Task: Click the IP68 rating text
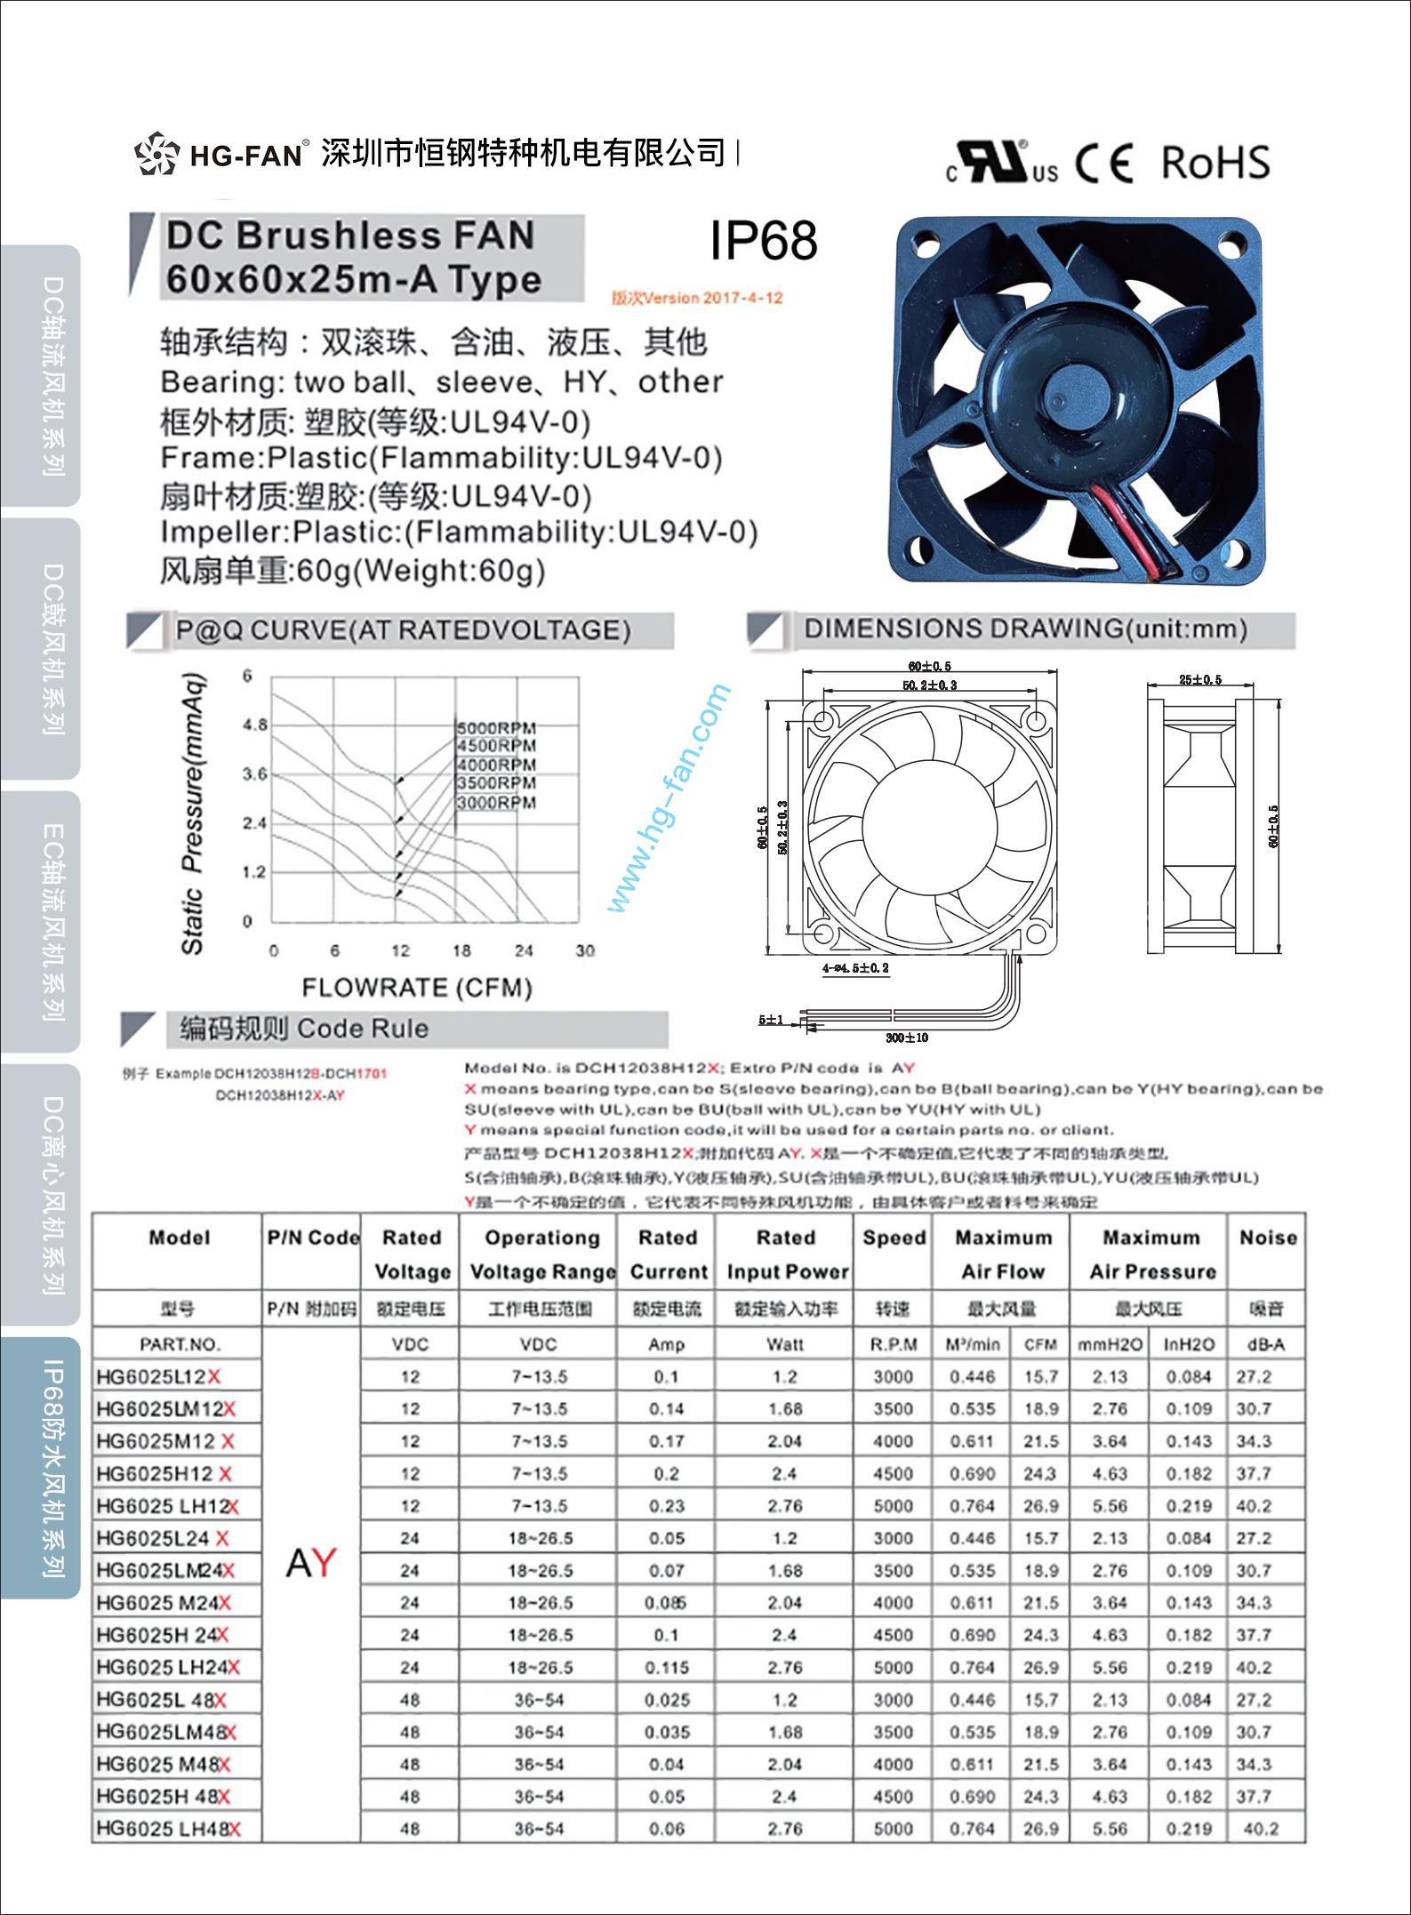tap(763, 240)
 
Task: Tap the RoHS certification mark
tap(1215, 163)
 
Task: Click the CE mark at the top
tap(1103, 164)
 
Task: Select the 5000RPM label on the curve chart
tap(496, 728)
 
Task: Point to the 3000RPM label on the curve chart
tap(496, 803)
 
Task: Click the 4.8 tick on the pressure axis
tap(254, 725)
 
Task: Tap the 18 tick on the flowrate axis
tap(461, 950)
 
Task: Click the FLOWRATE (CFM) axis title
tap(417, 988)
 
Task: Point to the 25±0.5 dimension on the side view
tap(1199, 680)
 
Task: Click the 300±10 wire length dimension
tap(906, 1038)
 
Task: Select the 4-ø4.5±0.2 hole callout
tap(855, 967)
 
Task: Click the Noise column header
tap(1268, 1238)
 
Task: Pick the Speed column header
tap(894, 1238)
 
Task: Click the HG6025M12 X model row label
tap(164, 1441)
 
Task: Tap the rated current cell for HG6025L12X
tap(666, 1377)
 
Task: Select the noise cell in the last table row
tap(1261, 1829)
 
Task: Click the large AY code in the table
tap(311, 1562)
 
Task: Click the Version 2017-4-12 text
tap(697, 298)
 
